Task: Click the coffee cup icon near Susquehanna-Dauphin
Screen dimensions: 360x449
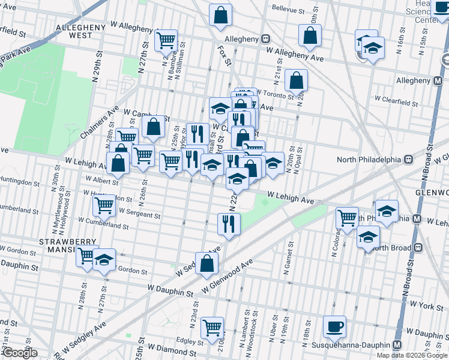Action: click(334, 327)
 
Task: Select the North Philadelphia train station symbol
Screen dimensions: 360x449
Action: click(408, 160)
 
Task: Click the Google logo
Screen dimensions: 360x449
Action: click(19, 353)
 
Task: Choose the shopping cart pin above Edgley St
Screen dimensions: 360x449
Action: click(212, 328)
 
